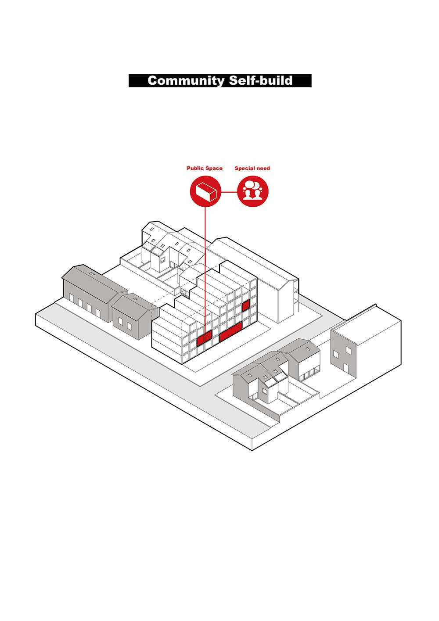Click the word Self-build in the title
coord(261,80)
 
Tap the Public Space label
coord(205,168)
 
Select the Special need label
coord(252,168)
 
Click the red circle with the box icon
coord(205,192)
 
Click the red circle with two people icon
coord(252,192)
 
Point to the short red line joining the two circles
coord(229,192)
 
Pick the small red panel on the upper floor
coord(246,305)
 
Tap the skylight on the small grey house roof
coord(135,298)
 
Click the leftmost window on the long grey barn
coord(72,298)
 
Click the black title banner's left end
coord(129,81)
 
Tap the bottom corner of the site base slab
coord(252,451)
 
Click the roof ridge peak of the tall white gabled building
coord(226,237)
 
